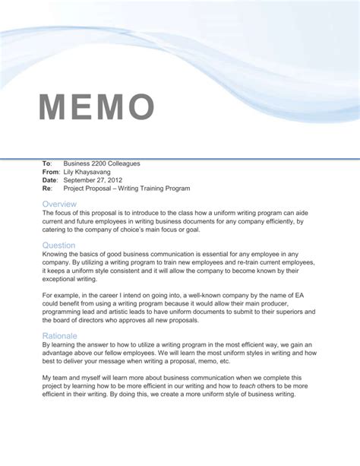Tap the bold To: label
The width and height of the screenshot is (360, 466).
(x=46, y=163)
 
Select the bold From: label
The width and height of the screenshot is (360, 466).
(x=51, y=172)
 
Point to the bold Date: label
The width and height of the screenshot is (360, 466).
(x=50, y=180)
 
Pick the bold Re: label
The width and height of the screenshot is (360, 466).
(x=47, y=189)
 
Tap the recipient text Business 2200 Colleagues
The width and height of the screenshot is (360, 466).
(x=102, y=163)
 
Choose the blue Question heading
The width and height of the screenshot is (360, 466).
(x=59, y=245)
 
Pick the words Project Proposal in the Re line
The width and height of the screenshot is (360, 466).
(x=88, y=189)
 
